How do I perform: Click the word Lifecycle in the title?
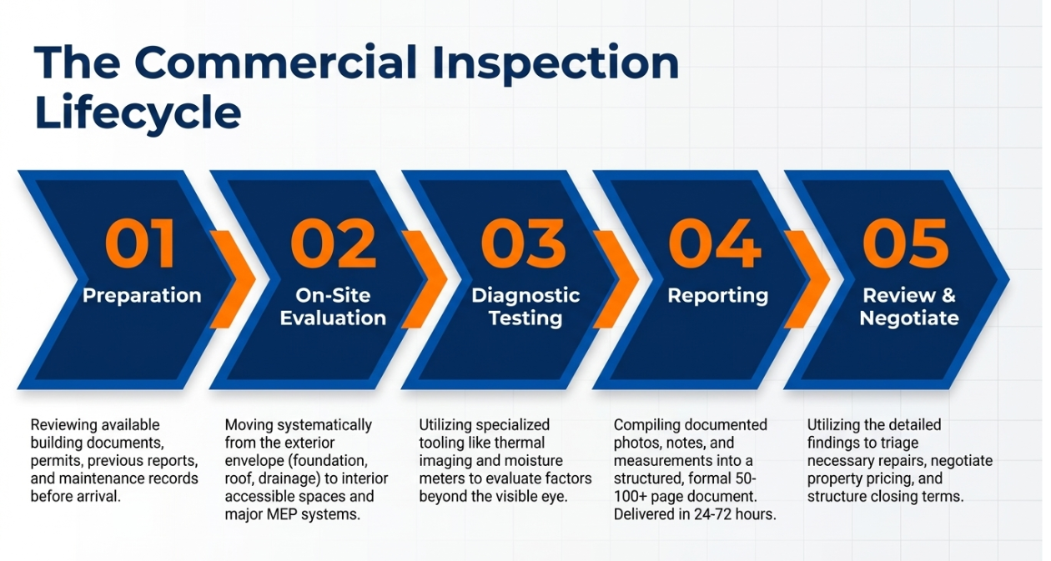coord(138,113)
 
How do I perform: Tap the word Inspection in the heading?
coord(556,63)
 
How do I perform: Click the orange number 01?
coord(140,244)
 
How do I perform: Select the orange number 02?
coord(333,244)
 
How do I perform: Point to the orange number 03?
coord(524,244)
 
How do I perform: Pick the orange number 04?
coord(715,244)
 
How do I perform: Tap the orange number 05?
coord(906,244)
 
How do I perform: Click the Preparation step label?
coord(142,297)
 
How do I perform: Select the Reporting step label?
coord(718,297)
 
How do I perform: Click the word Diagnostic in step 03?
coord(525,296)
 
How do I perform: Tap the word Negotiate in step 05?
coord(909,318)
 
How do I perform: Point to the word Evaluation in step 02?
coord(333,318)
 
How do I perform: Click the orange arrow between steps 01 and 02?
coord(233,279)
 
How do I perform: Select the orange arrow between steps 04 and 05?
coord(807,279)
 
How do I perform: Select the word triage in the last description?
coord(899,443)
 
